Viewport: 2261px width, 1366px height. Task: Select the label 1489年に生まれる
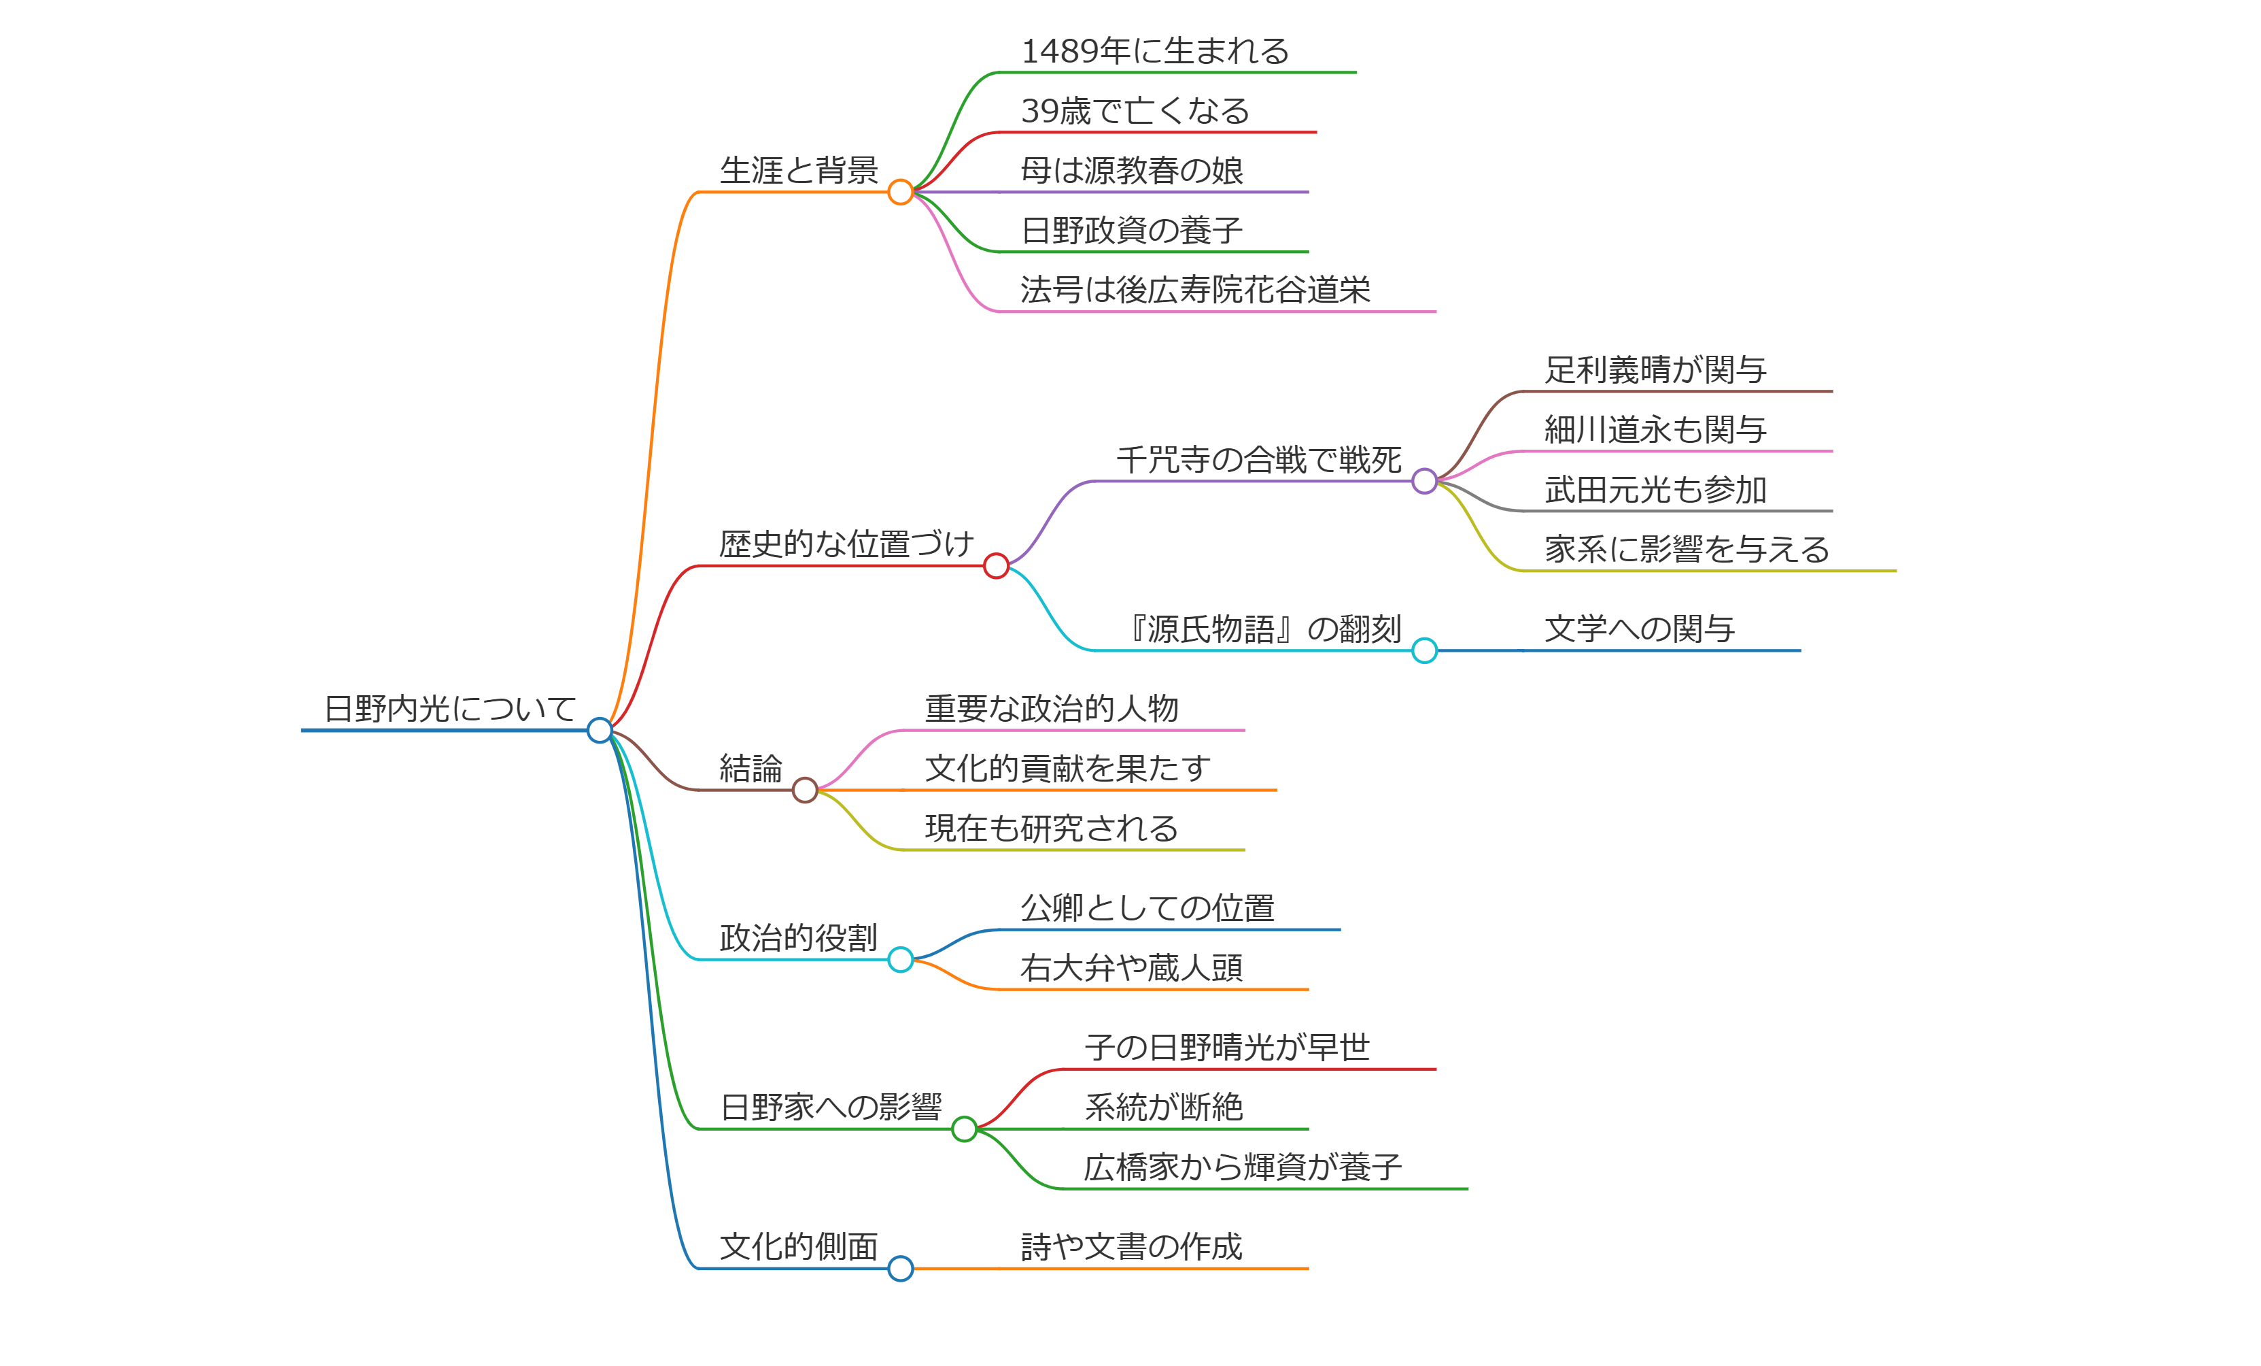(x=1154, y=52)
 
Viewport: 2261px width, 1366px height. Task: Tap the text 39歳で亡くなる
(x=1135, y=111)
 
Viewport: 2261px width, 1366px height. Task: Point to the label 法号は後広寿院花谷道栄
(x=1194, y=290)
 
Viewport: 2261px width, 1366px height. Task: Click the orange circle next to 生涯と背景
(x=900, y=192)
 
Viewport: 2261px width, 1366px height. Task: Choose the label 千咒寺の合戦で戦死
(x=1258, y=460)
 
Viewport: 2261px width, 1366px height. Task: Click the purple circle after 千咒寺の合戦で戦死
(x=1424, y=481)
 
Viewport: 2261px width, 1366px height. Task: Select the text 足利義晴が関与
(x=1655, y=370)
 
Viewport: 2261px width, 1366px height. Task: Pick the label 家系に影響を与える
(x=1687, y=550)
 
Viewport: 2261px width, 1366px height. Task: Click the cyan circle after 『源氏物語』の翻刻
(x=1424, y=651)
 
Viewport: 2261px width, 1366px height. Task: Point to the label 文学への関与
(x=1639, y=629)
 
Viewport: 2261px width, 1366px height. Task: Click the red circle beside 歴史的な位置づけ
(x=996, y=567)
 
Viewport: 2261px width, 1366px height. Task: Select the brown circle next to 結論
(x=805, y=790)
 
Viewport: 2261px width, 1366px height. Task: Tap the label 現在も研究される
(x=1052, y=828)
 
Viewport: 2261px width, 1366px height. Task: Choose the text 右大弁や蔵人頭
(x=1131, y=967)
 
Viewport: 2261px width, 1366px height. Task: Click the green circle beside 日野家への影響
(x=963, y=1129)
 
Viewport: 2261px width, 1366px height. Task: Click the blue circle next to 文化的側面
(x=900, y=1269)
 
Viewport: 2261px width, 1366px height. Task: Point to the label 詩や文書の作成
(x=1131, y=1247)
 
